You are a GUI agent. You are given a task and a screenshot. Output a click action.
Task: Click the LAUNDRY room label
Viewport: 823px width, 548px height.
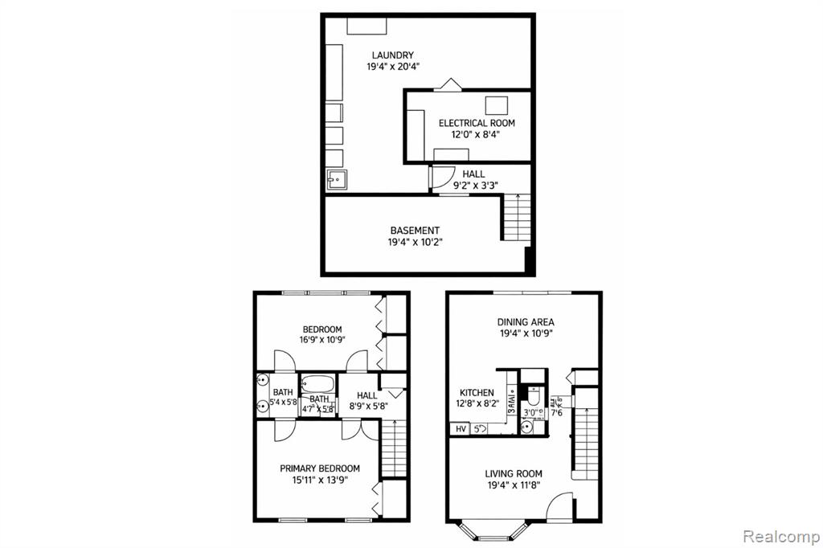(x=370, y=55)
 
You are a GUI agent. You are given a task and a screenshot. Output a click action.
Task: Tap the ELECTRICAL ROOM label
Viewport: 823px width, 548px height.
(x=477, y=123)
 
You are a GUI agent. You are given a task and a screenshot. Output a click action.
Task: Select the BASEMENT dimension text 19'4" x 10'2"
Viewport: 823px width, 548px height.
(x=415, y=242)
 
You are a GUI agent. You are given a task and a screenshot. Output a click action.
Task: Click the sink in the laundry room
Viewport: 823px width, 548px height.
(x=335, y=181)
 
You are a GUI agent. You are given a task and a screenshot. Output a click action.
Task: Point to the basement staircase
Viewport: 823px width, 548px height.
(x=517, y=218)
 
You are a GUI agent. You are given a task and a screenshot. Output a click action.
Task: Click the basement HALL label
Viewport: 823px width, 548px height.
(x=473, y=174)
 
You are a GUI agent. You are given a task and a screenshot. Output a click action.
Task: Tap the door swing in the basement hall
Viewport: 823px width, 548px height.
(x=440, y=177)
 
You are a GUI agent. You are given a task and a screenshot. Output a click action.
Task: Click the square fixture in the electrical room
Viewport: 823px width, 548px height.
(x=497, y=106)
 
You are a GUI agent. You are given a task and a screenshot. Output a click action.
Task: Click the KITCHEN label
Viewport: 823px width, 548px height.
(x=476, y=393)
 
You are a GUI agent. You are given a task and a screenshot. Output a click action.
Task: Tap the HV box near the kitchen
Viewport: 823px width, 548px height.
(x=461, y=429)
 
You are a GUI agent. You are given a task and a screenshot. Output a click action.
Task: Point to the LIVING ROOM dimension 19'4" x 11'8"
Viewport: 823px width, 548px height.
(x=513, y=485)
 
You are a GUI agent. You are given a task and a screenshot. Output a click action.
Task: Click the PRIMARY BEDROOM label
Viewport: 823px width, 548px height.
(x=319, y=468)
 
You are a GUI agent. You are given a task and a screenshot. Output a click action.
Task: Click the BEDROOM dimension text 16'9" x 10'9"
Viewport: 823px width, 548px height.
(x=321, y=340)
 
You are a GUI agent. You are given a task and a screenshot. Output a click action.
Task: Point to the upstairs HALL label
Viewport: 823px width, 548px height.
(x=367, y=395)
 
